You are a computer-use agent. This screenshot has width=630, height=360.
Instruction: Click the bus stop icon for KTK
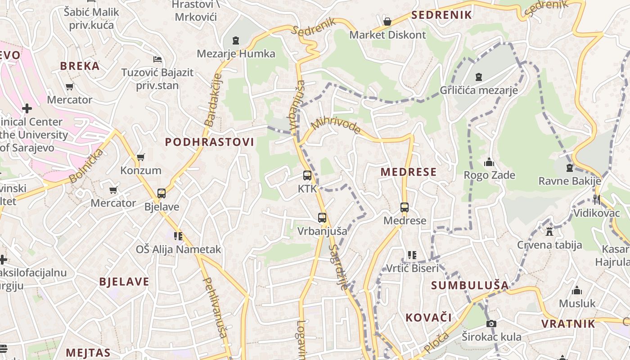(307, 175)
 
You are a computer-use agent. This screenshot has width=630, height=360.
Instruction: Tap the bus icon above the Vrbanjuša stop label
(322, 218)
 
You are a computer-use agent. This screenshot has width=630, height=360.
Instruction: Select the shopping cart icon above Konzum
(140, 157)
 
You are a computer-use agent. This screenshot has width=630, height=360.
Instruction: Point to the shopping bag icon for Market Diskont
(387, 21)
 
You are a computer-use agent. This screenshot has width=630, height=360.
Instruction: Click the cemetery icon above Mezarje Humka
(235, 40)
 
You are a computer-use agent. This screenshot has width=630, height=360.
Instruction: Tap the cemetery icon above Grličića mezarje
(479, 77)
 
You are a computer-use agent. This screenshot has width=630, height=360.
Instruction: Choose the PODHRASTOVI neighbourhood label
(209, 142)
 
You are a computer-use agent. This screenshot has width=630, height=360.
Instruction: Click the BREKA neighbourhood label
(80, 66)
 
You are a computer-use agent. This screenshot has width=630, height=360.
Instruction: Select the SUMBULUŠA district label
(470, 285)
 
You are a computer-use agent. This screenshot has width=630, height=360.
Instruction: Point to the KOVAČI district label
(428, 318)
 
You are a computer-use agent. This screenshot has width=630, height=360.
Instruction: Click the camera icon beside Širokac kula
(491, 324)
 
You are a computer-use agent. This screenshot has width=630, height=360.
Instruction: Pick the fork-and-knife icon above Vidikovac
(597, 199)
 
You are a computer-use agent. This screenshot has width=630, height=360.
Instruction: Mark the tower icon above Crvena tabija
(549, 232)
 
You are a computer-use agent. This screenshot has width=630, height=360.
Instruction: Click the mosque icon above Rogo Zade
(489, 162)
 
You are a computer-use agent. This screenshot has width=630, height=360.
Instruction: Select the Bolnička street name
(87, 166)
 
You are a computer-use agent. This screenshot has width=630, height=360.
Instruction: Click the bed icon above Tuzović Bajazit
(157, 59)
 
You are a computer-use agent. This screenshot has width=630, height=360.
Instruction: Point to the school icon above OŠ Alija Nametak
(178, 236)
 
